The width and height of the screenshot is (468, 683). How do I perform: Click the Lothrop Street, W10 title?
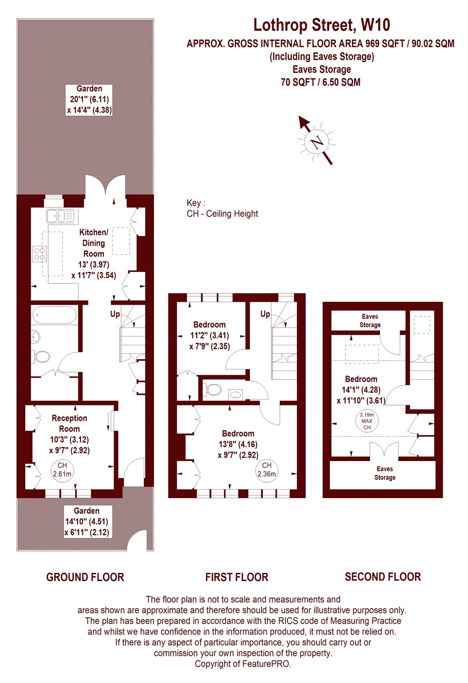click(322, 25)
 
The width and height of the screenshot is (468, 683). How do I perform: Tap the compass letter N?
click(317, 142)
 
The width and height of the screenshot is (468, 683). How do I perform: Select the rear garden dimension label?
click(89, 99)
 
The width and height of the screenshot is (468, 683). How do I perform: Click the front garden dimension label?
click(87, 522)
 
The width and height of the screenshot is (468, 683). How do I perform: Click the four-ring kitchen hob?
click(39, 254)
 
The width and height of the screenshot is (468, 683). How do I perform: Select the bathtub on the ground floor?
click(54, 316)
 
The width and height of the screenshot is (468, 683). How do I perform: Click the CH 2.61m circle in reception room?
click(62, 470)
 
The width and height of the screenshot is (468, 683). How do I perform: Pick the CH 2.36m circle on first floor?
click(267, 470)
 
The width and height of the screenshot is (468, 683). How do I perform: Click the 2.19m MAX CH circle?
click(367, 421)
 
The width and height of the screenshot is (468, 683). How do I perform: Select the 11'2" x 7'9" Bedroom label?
click(209, 336)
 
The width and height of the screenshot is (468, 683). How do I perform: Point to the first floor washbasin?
click(235, 394)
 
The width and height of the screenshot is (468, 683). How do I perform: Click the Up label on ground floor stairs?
click(115, 314)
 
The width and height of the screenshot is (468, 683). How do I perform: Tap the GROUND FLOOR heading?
click(85, 578)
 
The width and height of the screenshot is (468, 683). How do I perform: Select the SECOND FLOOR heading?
click(383, 577)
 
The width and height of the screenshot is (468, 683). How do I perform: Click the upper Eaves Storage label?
click(370, 321)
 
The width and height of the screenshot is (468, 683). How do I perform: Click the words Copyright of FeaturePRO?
click(243, 664)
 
